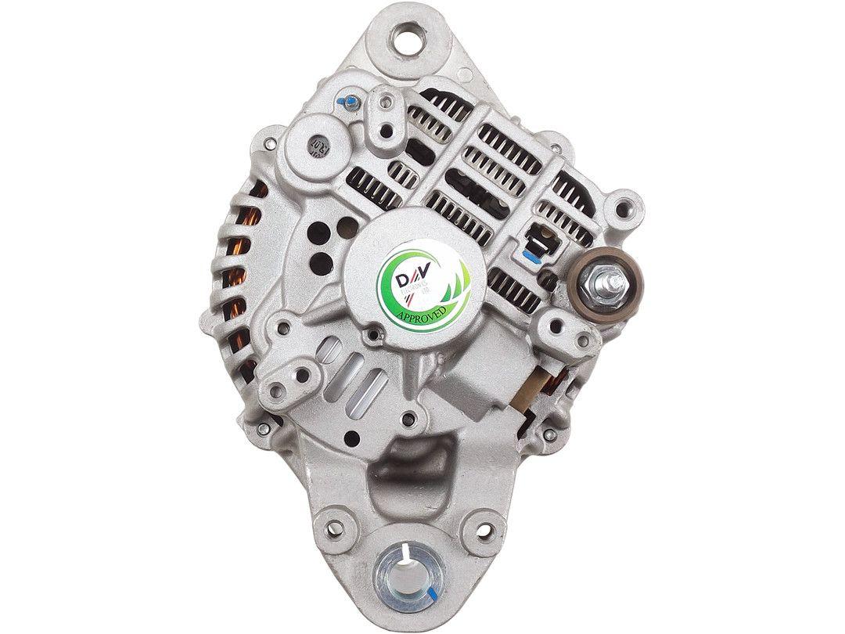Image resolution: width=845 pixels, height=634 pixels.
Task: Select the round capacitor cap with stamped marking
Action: point(318,145)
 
